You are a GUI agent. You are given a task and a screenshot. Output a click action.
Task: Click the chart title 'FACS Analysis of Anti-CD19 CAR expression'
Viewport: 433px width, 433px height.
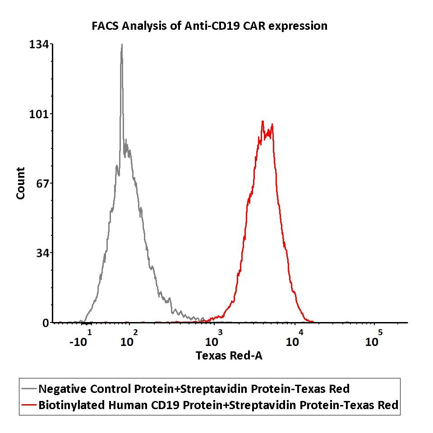pyautogui.click(x=209, y=26)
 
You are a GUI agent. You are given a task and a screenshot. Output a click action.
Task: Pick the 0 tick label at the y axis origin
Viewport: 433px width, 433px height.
pyautogui.click(x=46, y=323)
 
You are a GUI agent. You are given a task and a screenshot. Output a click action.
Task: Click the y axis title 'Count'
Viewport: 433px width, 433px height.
pyautogui.click(x=21, y=183)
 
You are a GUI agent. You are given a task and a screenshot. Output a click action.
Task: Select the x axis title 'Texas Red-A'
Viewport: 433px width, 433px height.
pyautogui.click(x=229, y=355)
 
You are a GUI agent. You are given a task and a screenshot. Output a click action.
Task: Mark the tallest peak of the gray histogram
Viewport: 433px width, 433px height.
pyautogui.click(x=121, y=45)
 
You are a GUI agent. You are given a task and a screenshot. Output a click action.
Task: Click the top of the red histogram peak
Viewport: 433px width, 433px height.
pyautogui.click(x=263, y=122)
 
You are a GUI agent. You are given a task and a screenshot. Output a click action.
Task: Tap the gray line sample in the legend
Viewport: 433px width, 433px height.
pyautogui.click(x=29, y=389)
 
